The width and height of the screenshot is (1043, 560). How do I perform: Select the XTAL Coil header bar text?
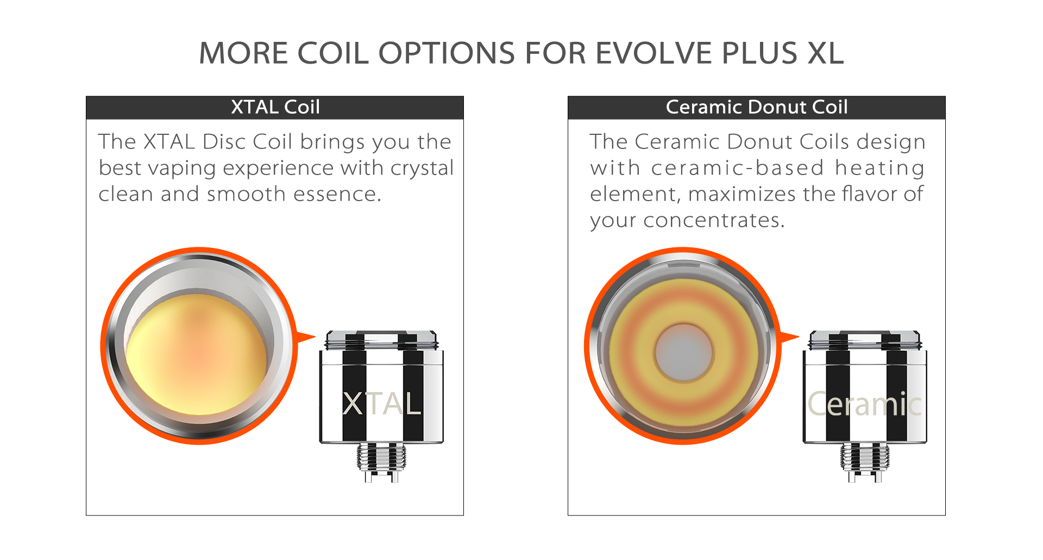(x=275, y=107)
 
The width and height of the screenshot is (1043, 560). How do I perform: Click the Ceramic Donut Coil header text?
(x=757, y=107)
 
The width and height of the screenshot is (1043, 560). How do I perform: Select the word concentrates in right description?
(x=714, y=220)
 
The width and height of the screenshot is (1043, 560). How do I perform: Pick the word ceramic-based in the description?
(x=738, y=167)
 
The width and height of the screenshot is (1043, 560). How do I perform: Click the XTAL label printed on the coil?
(x=382, y=404)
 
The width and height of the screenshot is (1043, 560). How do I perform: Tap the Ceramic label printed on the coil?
(x=865, y=404)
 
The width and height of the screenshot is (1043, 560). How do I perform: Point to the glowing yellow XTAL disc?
(x=197, y=354)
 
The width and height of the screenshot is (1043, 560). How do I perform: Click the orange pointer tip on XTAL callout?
(x=315, y=337)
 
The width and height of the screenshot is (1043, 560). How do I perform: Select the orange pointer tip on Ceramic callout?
(x=799, y=337)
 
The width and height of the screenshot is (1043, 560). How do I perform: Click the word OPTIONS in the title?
(x=447, y=53)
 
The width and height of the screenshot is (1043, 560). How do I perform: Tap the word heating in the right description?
(x=880, y=169)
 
